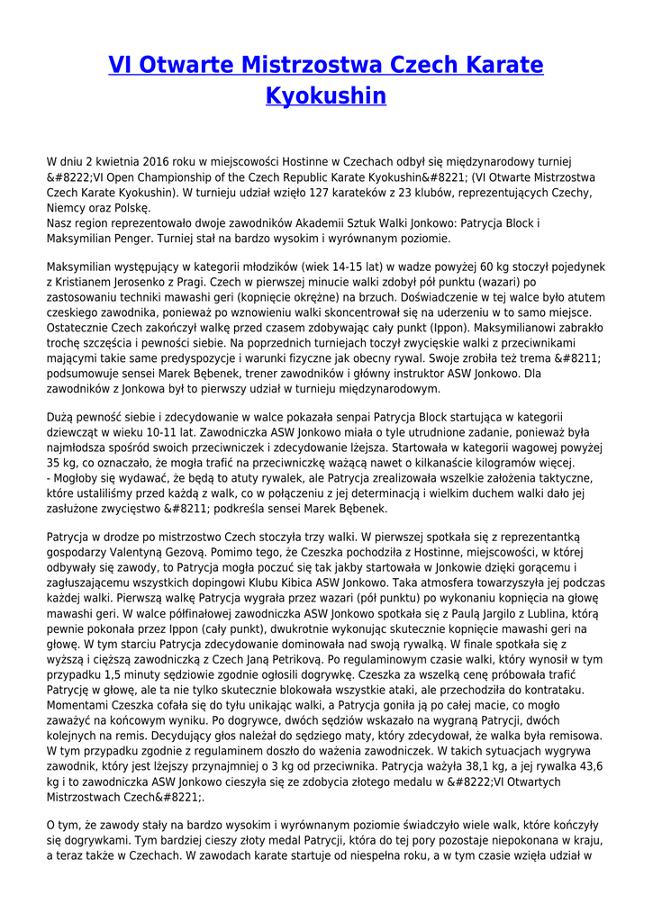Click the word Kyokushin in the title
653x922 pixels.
coord(326,95)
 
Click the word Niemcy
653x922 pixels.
coord(66,208)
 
